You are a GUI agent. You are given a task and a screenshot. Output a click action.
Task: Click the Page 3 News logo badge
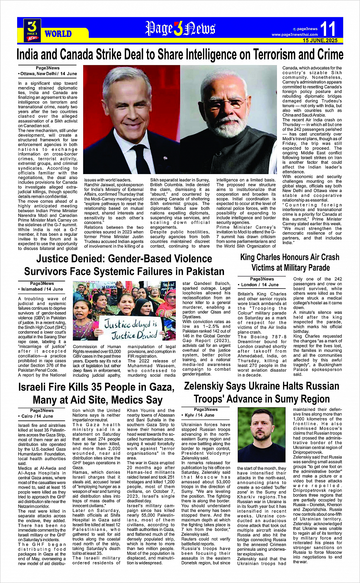32,30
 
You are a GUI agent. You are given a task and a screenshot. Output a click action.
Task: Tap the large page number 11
328,29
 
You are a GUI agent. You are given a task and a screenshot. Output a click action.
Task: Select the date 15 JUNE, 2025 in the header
320,40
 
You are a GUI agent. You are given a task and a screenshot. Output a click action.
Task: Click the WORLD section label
58,34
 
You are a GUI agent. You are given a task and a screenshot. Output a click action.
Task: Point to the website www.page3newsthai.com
294,35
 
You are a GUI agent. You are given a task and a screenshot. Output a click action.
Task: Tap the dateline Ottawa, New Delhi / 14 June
48,73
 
